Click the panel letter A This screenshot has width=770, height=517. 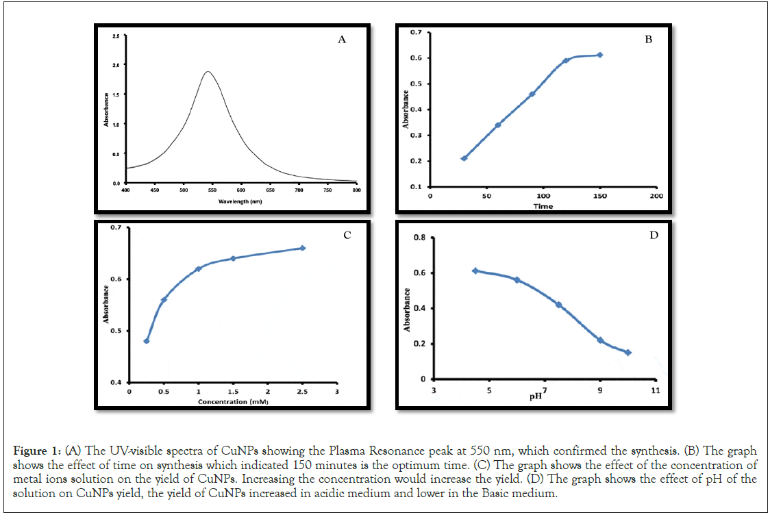pyautogui.click(x=342, y=40)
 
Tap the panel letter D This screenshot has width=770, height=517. pyautogui.click(x=654, y=236)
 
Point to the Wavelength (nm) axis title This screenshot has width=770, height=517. pyautogui.click(x=240, y=202)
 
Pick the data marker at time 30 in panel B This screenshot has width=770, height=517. pyautogui.click(x=464, y=158)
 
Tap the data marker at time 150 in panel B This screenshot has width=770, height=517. pyautogui.click(x=600, y=55)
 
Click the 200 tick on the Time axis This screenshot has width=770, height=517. pyautogui.click(x=656, y=196)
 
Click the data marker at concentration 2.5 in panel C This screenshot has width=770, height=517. pyautogui.click(x=303, y=248)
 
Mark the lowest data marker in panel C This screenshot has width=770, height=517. pyautogui.click(x=147, y=341)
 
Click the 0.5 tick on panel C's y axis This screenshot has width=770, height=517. pyautogui.click(x=114, y=331)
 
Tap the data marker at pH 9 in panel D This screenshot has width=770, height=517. pyautogui.click(x=600, y=340)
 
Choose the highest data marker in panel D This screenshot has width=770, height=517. pyautogui.click(x=475, y=270)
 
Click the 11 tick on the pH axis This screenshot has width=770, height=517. pyautogui.click(x=656, y=390)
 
